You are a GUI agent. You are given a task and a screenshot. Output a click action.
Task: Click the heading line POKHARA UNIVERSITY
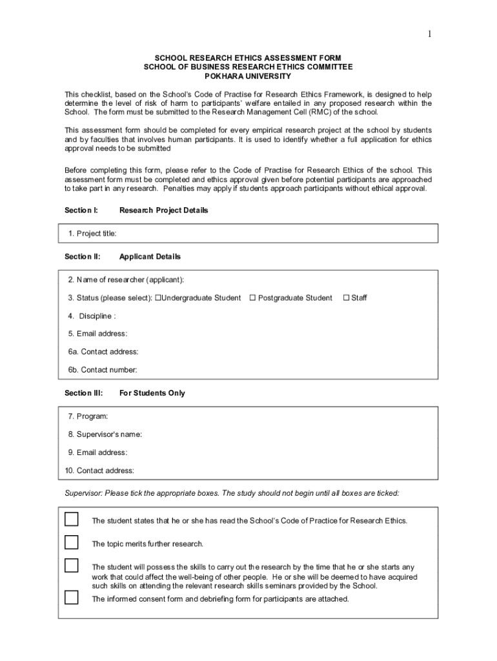[x=248, y=76]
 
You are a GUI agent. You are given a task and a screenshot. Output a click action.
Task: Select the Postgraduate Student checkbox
[x=253, y=298]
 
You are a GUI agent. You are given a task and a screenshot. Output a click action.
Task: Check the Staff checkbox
[x=346, y=298]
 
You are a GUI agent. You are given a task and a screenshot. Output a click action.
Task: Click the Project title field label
[x=92, y=233]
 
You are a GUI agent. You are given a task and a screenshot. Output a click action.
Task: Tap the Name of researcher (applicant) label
[x=126, y=280]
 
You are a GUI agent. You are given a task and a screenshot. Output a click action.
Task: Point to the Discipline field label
[x=92, y=316]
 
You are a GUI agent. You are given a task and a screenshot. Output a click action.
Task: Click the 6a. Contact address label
[x=103, y=352]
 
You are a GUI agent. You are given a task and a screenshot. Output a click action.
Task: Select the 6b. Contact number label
[x=103, y=370]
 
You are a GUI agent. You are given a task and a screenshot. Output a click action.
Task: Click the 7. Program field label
[x=88, y=416]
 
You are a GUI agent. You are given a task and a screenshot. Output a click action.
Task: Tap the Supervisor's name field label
[x=105, y=434]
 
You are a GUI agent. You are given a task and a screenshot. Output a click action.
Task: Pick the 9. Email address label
[x=97, y=453]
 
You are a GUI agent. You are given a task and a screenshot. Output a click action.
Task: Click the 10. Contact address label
[x=99, y=471]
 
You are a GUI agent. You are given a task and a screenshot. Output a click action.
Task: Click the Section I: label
[x=81, y=210]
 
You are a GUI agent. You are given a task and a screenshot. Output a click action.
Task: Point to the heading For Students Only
[x=152, y=393]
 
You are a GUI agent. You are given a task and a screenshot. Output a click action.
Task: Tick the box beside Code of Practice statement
[x=71, y=520]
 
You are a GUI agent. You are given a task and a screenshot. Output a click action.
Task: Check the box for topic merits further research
[x=71, y=542]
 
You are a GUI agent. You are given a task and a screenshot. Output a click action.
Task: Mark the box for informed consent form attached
[x=71, y=598]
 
